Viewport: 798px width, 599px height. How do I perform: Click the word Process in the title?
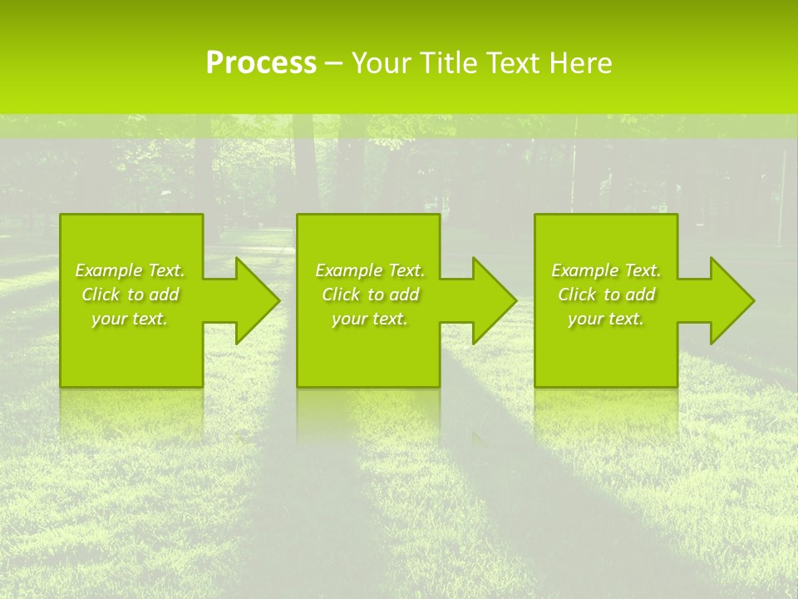(x=261, y=63)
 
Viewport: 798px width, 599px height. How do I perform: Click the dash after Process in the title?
(x=333, y=64)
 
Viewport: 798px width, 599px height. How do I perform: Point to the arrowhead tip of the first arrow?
(x=279, y=300)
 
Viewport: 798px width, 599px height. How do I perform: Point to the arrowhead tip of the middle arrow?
(x=516, y=300)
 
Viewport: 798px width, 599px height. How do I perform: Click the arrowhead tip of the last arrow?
(x=754, y=300)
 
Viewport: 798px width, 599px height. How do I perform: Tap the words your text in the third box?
(x=605, y=319)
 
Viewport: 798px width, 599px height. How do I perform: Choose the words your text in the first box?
(x=130, y=319)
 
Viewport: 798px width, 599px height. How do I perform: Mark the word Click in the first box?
(x=101, y=295)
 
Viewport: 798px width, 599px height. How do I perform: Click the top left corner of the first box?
(x=61, y=215)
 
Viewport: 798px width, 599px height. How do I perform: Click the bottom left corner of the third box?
(x=535, y=386)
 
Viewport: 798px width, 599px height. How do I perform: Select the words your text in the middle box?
(x=369, y=319)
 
